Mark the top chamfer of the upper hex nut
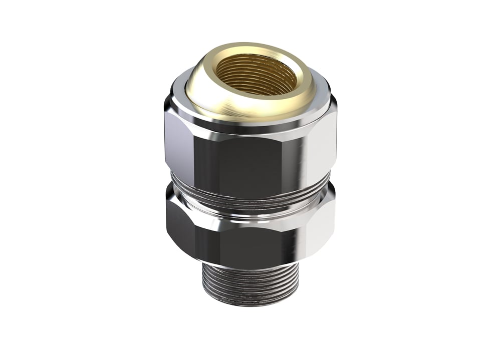click(250, 131)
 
